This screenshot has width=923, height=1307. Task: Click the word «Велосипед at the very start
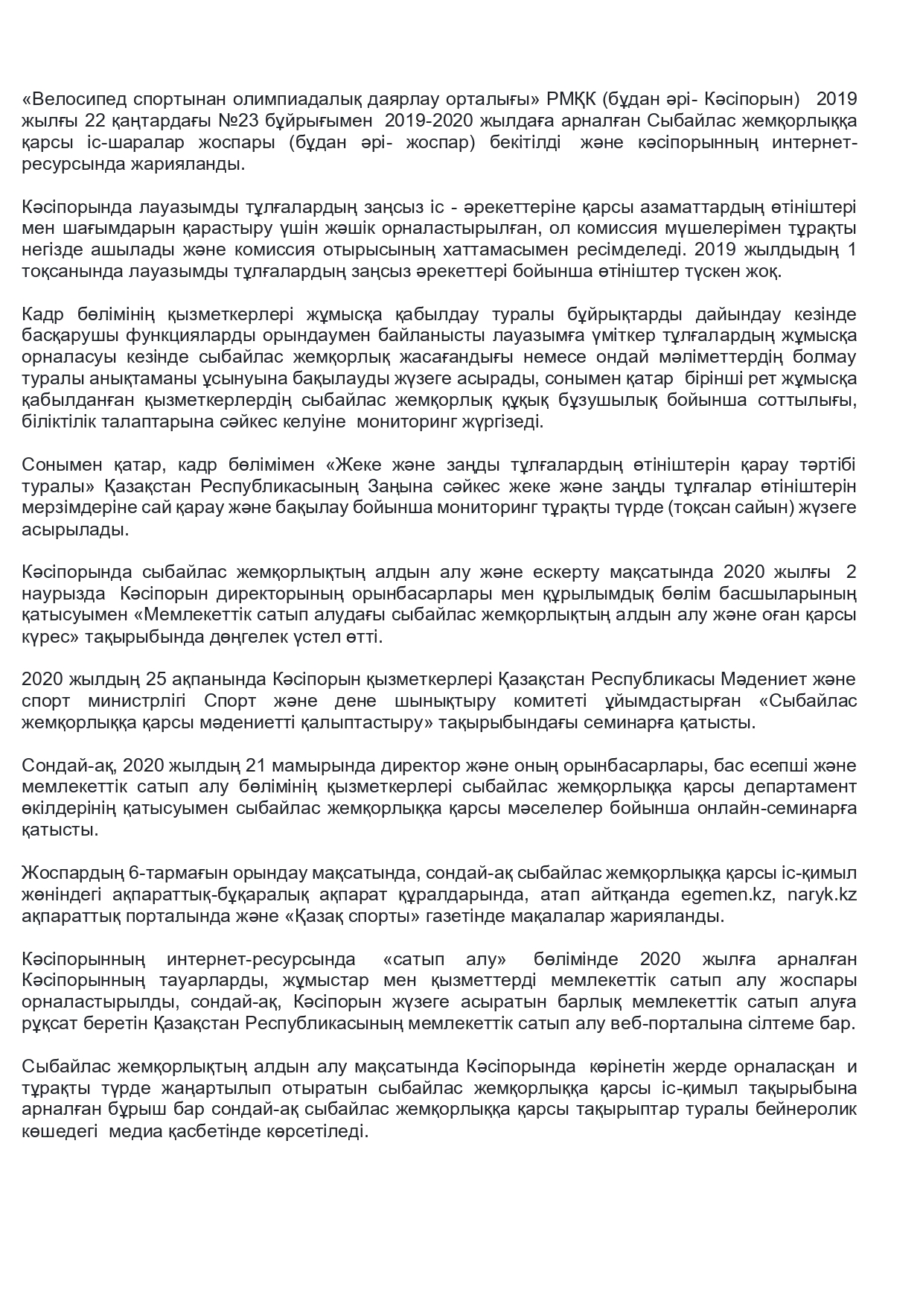70,100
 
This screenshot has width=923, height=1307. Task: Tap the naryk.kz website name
823,895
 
